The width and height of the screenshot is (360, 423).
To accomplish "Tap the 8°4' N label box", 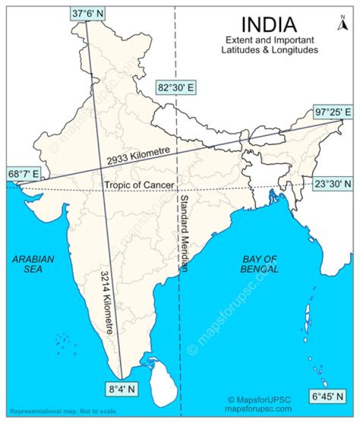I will tap(122, 387).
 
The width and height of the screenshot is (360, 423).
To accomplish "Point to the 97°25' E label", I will tap(332, 111).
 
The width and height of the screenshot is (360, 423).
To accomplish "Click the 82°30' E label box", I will tap(175, 87).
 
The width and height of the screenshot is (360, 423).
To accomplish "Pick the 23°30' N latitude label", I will tap(333, 183).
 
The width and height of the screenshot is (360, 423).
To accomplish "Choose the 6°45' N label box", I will tap(327, 396).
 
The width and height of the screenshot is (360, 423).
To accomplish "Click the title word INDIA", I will tap(269, 24).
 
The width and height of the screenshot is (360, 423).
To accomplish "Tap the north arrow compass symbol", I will tap(342, 23).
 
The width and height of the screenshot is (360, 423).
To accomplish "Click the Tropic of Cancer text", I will tap(139, 185).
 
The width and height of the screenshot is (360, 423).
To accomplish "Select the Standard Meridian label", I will tap(183, 233).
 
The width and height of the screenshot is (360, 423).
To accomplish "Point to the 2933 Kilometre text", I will tap(139, 156).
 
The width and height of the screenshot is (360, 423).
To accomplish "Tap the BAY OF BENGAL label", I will tap(260, 263).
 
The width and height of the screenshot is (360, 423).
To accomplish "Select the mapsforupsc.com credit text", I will tap(258, 408).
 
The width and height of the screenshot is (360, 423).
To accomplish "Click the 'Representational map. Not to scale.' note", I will tap(63, 411).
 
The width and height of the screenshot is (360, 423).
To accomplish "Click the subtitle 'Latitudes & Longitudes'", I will tap(269, 50).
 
